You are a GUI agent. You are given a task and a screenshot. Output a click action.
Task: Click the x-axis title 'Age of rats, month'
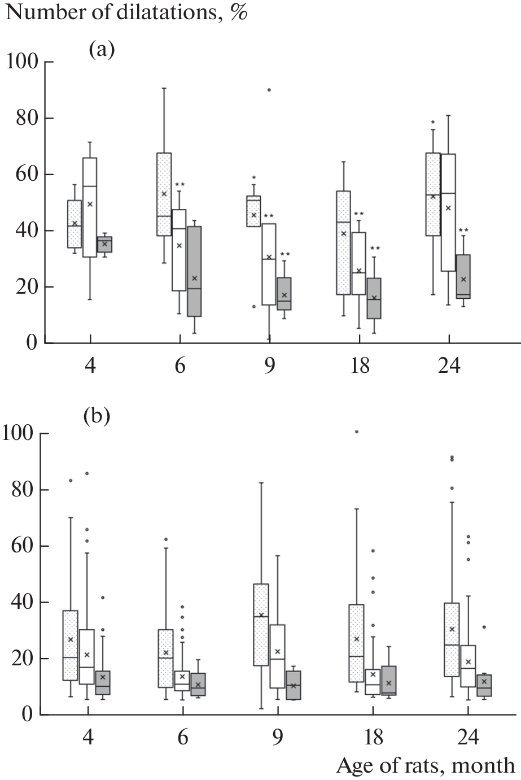tap(426, 765)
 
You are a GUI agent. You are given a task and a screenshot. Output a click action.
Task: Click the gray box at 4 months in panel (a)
tap(105, 244)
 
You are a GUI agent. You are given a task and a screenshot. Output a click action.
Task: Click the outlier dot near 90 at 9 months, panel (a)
tap(269, 90)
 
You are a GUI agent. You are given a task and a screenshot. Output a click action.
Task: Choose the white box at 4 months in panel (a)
tap(89, 207)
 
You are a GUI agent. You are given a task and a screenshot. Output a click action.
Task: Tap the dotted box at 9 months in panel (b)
tap(261, 625)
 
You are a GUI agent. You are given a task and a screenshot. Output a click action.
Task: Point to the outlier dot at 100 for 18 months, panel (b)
tap(356, 432)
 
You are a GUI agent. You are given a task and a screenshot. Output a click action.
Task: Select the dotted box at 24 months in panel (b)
tap(452, 639)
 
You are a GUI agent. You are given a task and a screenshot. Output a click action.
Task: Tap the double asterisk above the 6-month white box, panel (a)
tap(179, 185)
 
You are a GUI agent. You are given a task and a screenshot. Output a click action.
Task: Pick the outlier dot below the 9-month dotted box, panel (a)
tap(254, 306)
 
